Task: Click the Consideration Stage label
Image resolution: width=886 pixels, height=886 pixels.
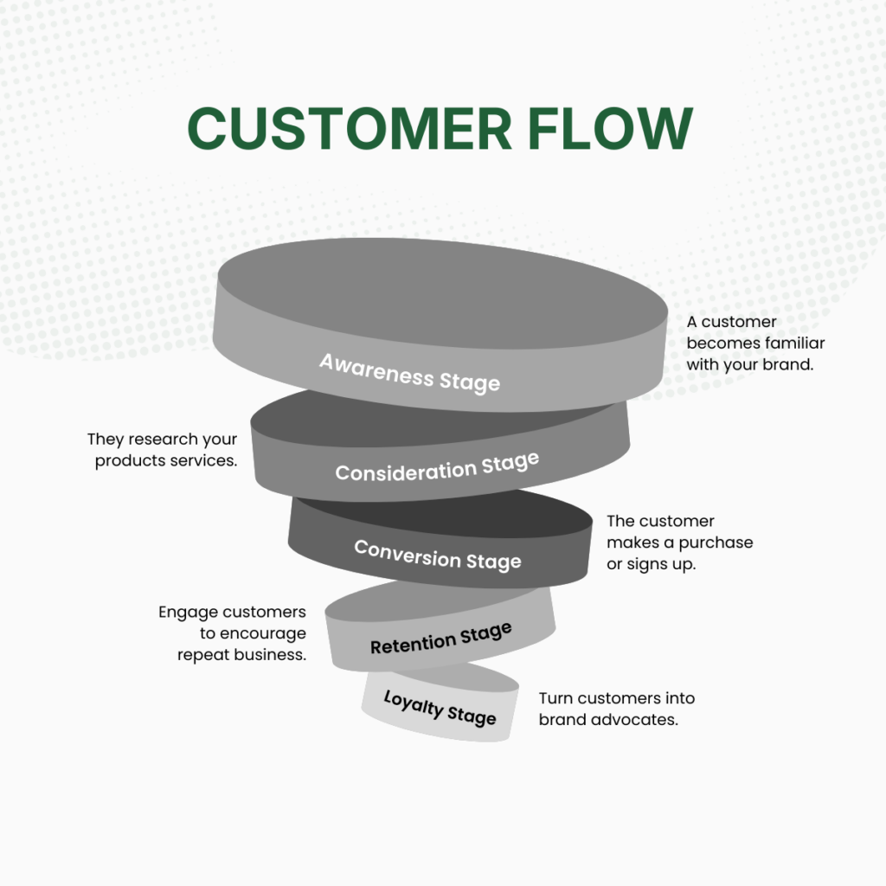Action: click(437, 467)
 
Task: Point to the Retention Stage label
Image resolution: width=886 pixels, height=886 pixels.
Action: click(441, 638)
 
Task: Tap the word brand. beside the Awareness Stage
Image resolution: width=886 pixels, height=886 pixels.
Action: click(787, 364)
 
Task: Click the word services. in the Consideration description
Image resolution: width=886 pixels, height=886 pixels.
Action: click(206, 461)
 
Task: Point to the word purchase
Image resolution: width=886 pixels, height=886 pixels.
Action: click(716, 543)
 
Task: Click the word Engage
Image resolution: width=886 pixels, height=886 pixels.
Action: click(185, 612)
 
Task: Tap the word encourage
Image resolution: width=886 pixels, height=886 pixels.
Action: click(263, 633)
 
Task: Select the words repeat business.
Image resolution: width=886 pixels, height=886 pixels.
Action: click(241, 655)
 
